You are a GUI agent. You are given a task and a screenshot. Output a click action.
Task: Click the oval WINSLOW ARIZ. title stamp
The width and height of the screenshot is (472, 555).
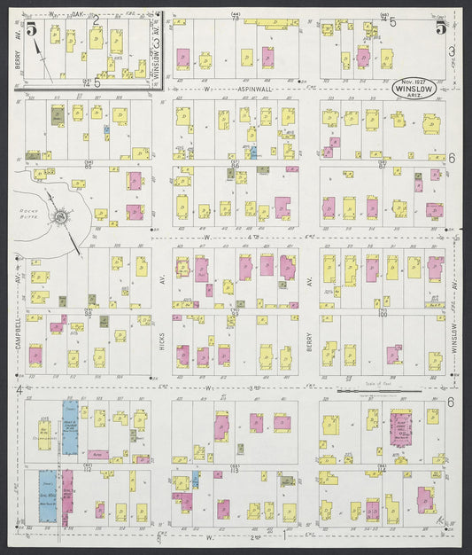pyautogui.click(x=414, y=95)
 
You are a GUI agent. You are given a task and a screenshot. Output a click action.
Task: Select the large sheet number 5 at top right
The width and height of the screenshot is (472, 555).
pyautogui.click(x=440, y=27)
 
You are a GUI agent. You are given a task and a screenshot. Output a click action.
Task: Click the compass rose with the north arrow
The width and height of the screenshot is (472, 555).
pyautogui.click(x=60, y=216)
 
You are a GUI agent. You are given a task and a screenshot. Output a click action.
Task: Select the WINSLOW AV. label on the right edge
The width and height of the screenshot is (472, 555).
pyautogui.click(x=452, y=337)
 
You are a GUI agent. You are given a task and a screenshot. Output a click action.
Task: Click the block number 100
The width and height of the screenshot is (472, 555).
pyautogui.click(x=383, y=313)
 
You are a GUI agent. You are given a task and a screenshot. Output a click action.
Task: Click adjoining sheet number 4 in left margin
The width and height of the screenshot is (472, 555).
pyautogui.click(x=18, y=389)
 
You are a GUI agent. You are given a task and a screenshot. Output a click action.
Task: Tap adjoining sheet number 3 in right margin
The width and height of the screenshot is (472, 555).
pyautogui.click(x=451, y=52)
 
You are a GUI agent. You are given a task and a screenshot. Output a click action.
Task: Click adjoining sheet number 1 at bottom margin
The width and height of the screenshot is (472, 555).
pyautogui.click(x=283, y=535)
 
